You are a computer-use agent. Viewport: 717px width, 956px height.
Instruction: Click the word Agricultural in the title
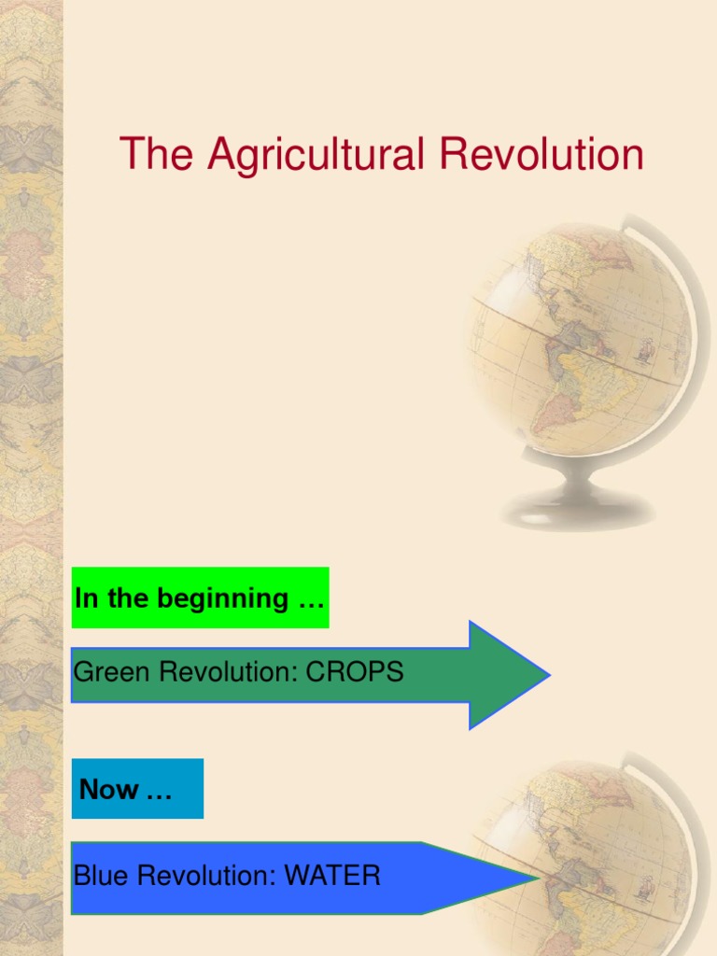point(316,155)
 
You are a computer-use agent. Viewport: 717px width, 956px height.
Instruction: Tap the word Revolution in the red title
point(541,154)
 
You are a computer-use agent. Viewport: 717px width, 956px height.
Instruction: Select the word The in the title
point(157,154)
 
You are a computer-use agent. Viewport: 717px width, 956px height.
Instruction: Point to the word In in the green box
point(86,598)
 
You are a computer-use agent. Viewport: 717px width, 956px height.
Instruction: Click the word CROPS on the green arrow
point(354,672)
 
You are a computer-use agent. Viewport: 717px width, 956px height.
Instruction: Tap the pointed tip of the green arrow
point(551,675)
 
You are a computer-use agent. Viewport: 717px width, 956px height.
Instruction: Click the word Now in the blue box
point(108,789)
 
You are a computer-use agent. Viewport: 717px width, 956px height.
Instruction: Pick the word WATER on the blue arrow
point(332,876)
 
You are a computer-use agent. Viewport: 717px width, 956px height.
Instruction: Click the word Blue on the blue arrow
point(101,876)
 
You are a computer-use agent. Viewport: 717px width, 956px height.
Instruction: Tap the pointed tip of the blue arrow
point(540,879)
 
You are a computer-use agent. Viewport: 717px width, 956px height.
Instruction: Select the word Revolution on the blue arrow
point(205,876)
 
